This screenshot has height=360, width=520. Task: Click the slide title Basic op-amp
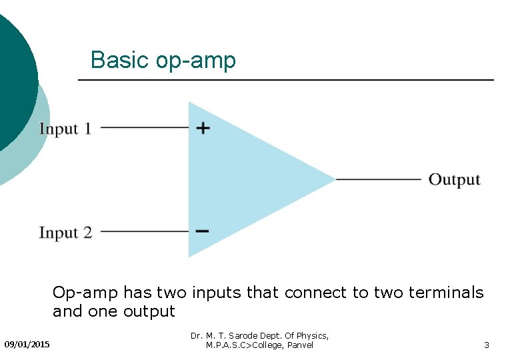click(163, 61)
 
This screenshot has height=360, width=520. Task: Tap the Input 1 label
click(65, 129)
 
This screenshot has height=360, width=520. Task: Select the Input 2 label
click(65, 233)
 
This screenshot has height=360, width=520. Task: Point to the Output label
click(454, 179)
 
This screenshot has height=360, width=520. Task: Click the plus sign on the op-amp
click(203, 127)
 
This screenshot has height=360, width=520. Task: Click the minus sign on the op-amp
click(203, 231)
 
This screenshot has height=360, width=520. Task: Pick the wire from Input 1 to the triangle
click(144, 127)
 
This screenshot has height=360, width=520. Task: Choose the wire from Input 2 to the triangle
click(144, 231)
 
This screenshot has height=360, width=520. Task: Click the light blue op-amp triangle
click(247, 179)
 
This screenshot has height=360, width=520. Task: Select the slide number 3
click(487, 345)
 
